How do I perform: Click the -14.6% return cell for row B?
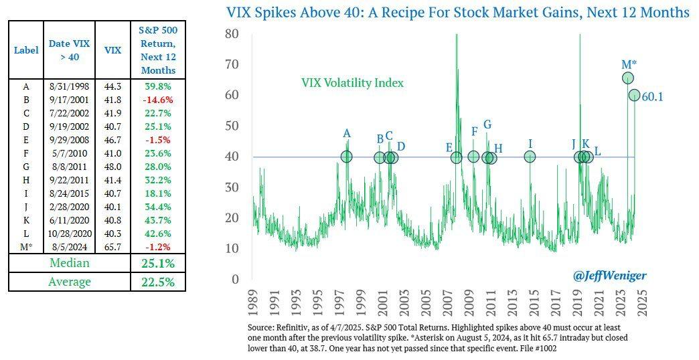click(158, 99)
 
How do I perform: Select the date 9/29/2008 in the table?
click(70, 141)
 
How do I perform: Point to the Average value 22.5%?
click(158, 282)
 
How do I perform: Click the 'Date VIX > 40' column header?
click(70, 50)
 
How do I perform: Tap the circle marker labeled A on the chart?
click(347, 157)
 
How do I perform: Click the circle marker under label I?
click(530, 157)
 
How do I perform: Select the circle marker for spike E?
click(456, 157)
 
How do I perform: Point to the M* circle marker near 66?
click(628, 78)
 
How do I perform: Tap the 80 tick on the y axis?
click(232, 33)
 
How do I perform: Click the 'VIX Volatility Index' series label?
click(352, 83)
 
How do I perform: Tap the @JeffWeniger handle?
click(601, 275)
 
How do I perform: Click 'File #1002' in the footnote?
click(534, 348)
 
